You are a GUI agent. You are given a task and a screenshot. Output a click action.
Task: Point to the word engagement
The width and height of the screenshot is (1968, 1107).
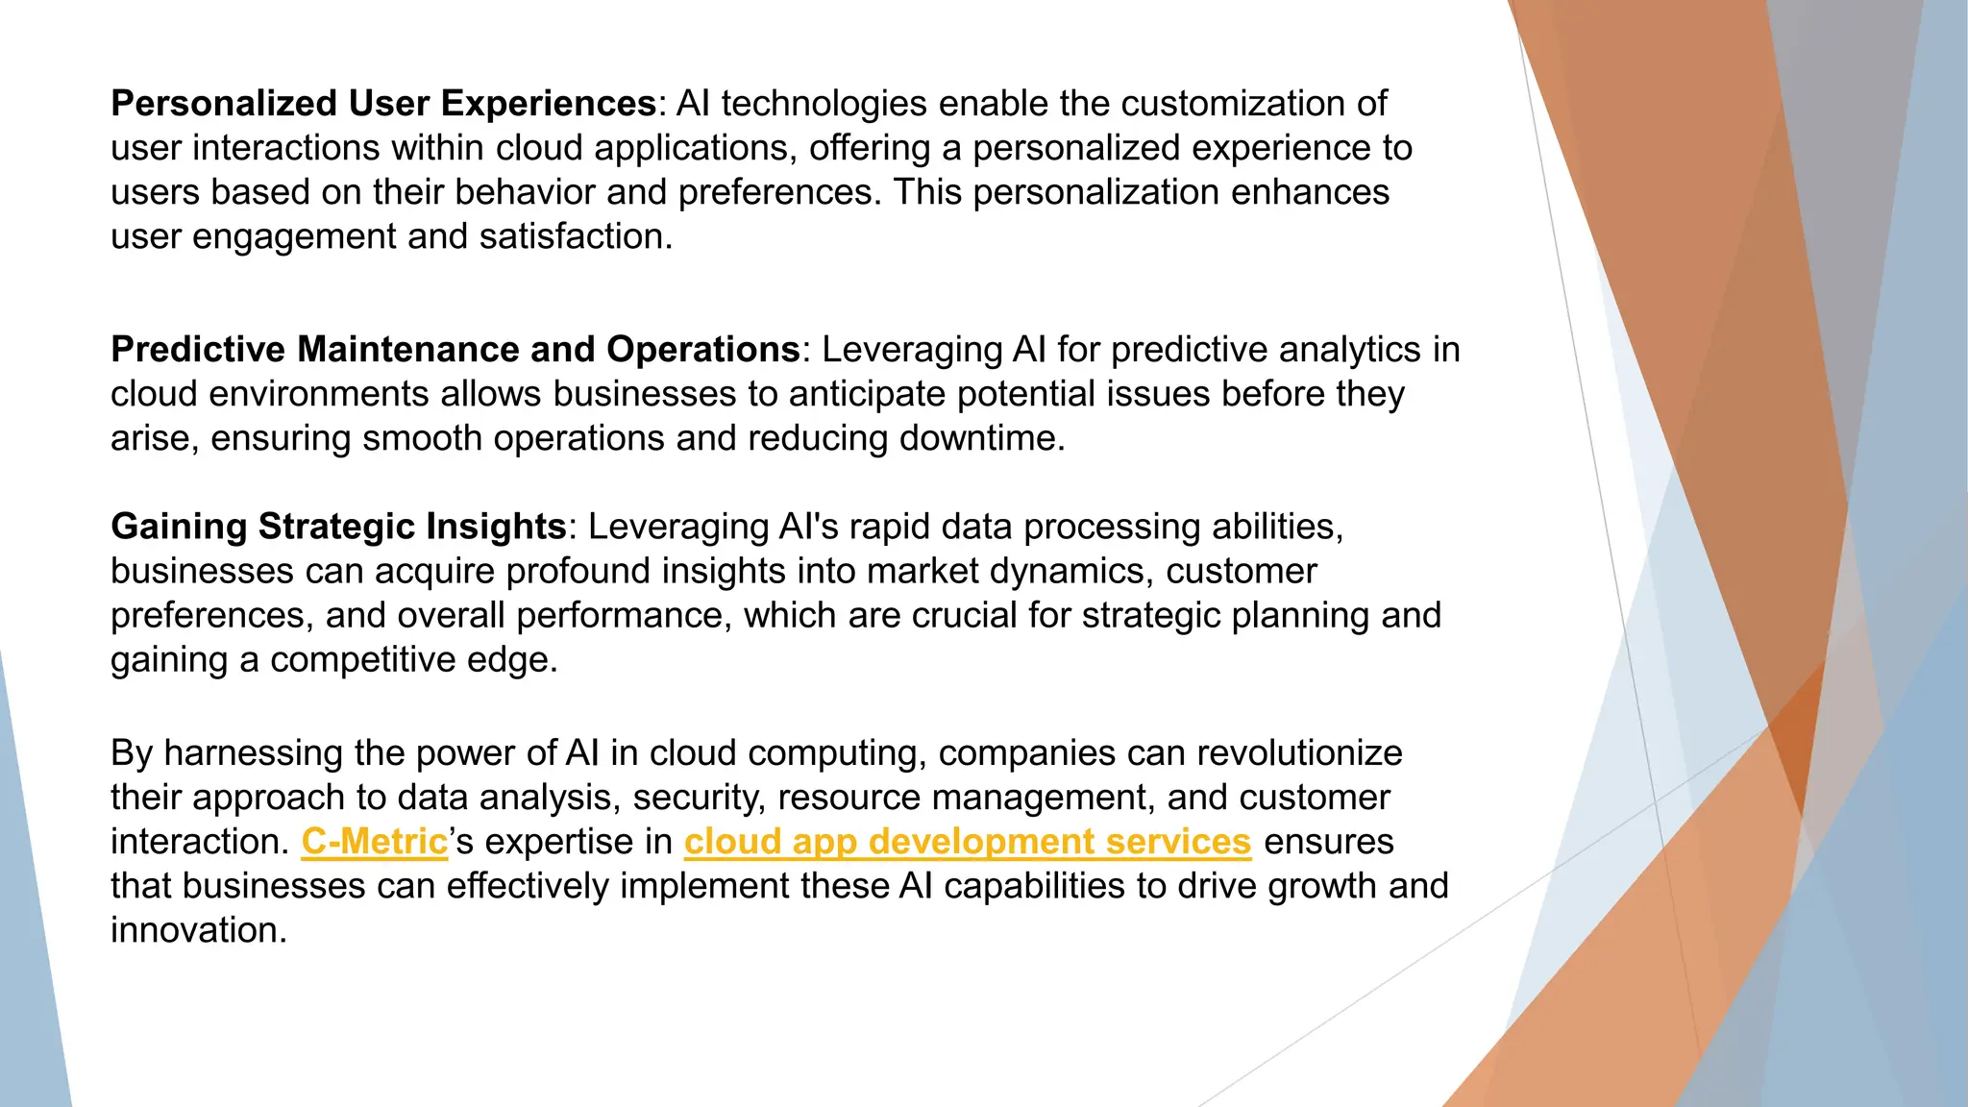coord(294,236)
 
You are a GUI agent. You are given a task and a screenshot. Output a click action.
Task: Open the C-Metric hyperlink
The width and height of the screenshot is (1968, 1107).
coord(375,842)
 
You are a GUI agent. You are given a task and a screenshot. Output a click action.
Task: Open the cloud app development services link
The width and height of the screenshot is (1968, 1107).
coord(968,842)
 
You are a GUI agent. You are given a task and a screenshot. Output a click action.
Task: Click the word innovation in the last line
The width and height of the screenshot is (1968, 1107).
coord(198,930)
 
